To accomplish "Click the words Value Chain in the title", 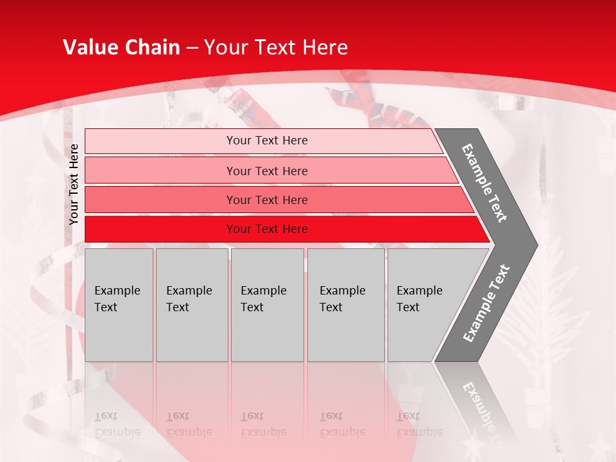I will coord(121,47).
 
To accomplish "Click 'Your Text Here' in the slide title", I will coord(275,47).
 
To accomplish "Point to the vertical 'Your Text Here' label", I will coord(74,184).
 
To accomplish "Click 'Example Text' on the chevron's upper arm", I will coord(484,182).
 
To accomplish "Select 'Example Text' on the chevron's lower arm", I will coord(486,304).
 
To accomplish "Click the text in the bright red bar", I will coord(267,229).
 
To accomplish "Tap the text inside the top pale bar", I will coord(267,141).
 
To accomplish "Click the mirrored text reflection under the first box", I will coord(117,424).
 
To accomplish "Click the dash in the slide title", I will coord(192,48).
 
